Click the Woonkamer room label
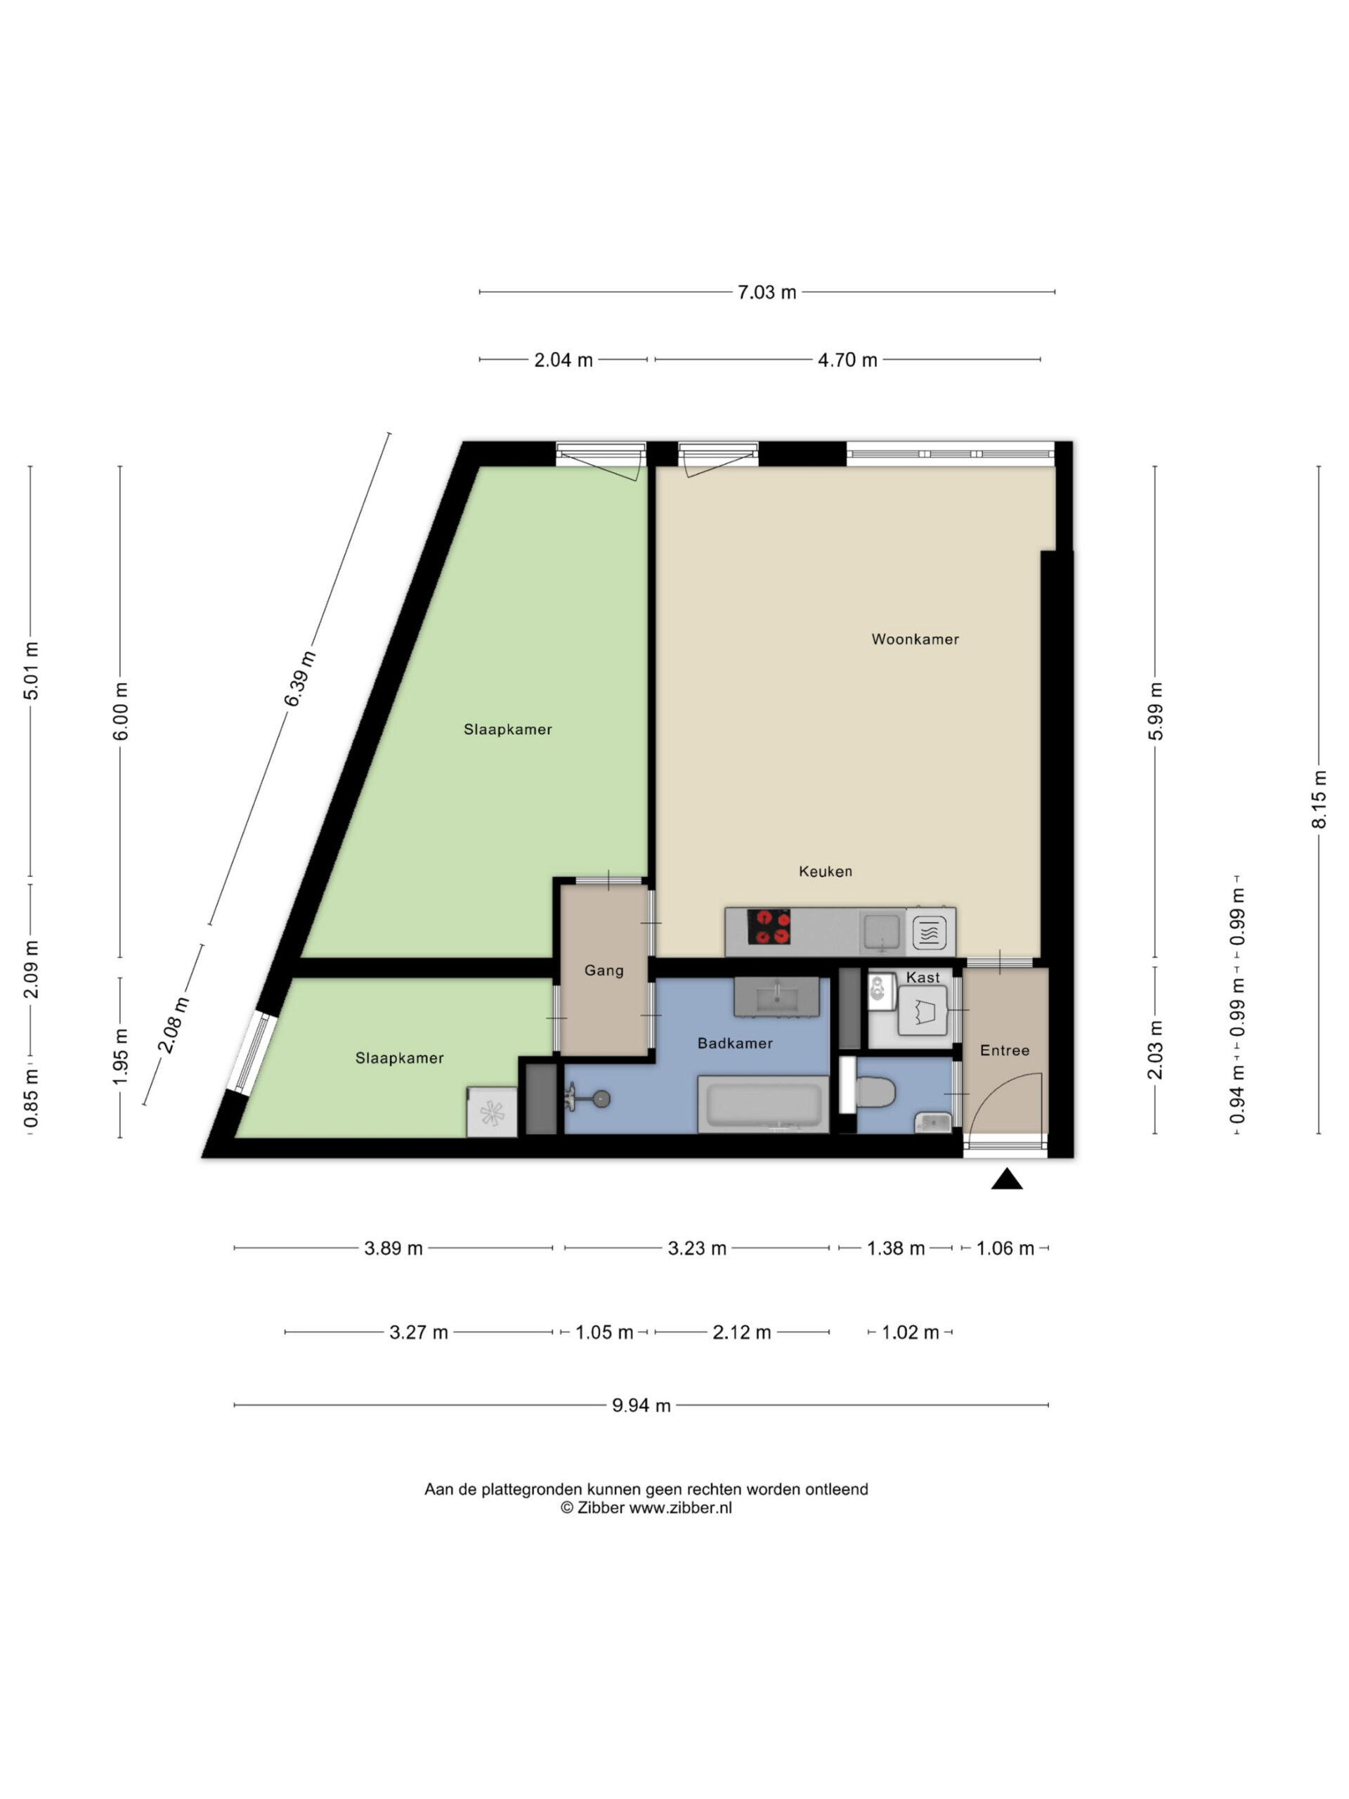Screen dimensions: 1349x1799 915,639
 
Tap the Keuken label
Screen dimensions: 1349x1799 826,871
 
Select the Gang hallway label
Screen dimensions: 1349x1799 604,970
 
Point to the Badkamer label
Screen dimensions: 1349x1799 735,1043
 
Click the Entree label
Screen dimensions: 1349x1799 1004,1050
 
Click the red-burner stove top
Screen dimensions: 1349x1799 769,926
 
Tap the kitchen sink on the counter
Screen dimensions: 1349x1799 882,932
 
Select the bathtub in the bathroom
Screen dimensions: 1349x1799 763,1103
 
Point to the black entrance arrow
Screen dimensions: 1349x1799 1007,1178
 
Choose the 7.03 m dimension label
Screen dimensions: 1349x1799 767,292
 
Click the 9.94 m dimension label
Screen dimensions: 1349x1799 641,1405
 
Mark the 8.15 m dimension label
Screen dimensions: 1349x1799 1319,800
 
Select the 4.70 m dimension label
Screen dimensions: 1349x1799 847,360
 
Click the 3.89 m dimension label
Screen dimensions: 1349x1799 393,1247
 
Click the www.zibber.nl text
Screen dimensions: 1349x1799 681,1507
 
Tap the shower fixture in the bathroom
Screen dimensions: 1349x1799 589,1100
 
